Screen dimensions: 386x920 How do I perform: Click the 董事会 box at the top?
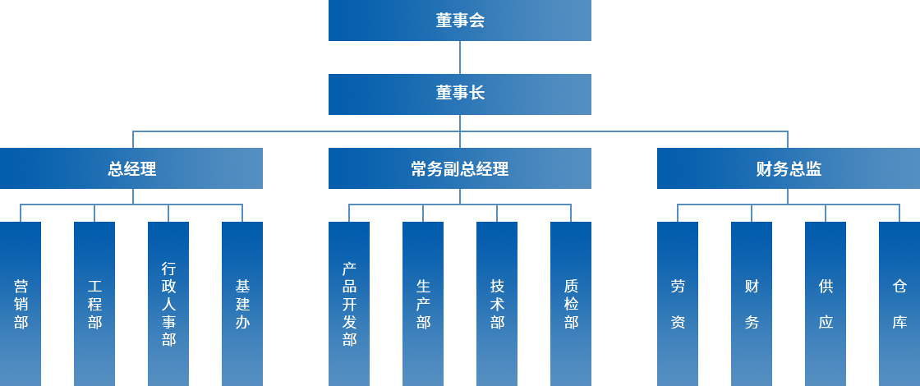pos(460,21)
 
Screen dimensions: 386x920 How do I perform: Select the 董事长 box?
pos(460,94)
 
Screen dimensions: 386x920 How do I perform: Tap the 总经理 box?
pos(131,168)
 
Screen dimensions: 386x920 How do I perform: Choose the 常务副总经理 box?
pos(460,168)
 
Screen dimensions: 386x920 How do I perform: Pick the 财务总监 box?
pos(788,168)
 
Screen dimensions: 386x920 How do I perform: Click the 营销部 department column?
pos(21,303)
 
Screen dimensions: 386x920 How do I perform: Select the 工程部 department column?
pos(94,303)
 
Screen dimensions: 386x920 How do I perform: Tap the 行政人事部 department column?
pos(168,303)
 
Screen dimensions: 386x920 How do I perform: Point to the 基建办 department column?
pos(242,303)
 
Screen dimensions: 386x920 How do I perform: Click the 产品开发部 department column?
pos(349,303)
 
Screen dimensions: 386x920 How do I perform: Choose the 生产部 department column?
pos(423,303)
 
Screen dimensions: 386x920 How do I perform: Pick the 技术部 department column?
pos(497,303)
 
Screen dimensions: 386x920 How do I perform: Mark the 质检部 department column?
pos(571,303)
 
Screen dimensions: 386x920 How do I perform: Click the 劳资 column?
pos(678,303)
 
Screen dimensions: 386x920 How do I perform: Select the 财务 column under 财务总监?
pos(752,303)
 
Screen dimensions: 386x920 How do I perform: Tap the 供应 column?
pos(826,303)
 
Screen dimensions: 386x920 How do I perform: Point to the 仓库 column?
pos(899,303)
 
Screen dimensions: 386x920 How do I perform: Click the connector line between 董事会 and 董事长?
pos(460,57)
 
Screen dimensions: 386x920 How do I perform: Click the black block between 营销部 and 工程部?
pos(57,304)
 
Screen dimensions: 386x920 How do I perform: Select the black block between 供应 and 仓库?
pos(862,304)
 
